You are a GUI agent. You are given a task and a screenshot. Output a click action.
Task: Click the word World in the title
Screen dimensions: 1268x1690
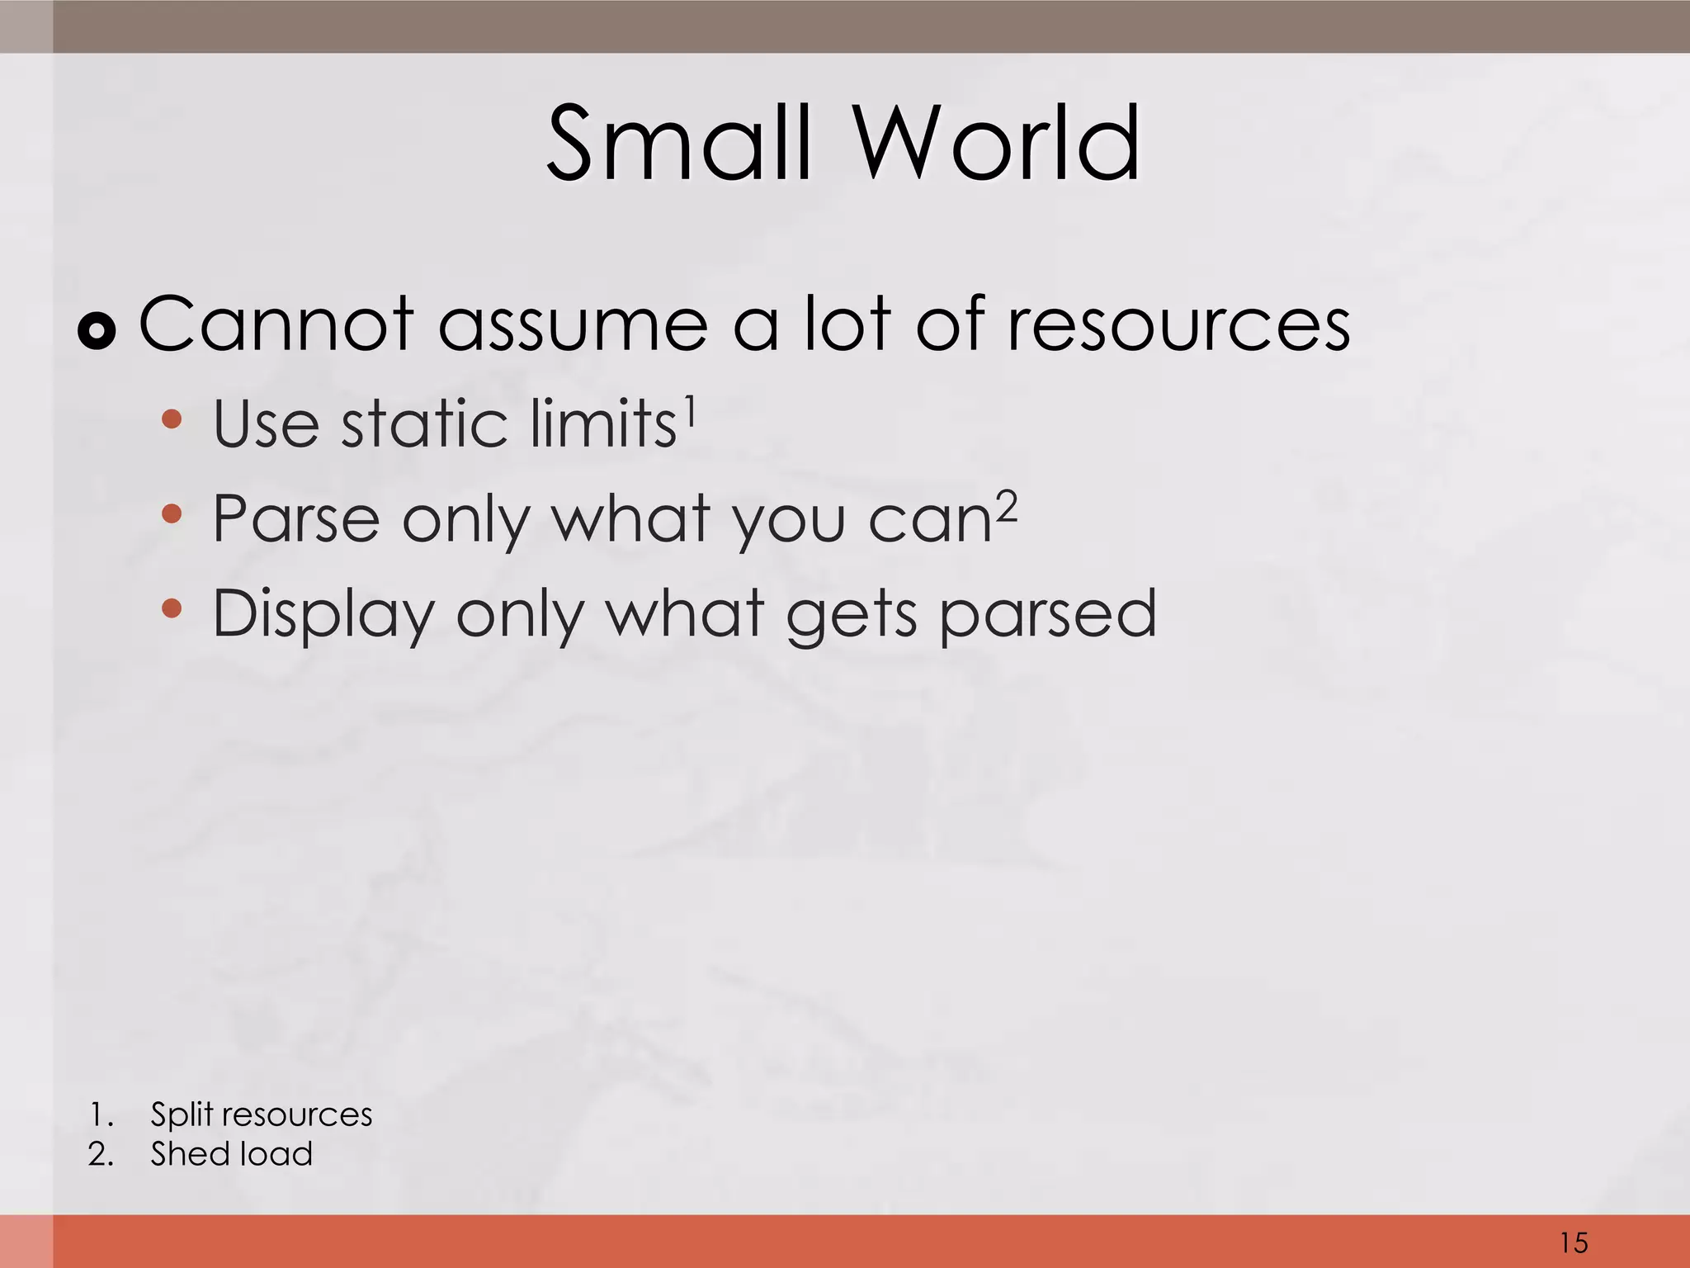pos(996,144)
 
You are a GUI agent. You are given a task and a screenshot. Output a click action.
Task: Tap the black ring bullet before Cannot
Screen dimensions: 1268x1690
pos(97,332)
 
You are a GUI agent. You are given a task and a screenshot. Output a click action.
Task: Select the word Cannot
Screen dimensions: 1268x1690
pos(276,324)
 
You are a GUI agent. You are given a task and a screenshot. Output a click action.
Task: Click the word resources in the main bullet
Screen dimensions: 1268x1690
pos(1178,325)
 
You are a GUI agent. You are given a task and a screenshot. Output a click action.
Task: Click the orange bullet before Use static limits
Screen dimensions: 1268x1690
pos(172,419)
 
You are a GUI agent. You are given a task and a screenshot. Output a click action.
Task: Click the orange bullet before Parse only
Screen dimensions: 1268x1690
pos(172,515)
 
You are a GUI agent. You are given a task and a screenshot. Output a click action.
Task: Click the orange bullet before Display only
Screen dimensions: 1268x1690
pos(172,610)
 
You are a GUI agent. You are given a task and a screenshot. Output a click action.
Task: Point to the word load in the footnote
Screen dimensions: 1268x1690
pos(276,1154)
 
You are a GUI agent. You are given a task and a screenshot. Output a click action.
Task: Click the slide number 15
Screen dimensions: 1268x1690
pos(1574,1242)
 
